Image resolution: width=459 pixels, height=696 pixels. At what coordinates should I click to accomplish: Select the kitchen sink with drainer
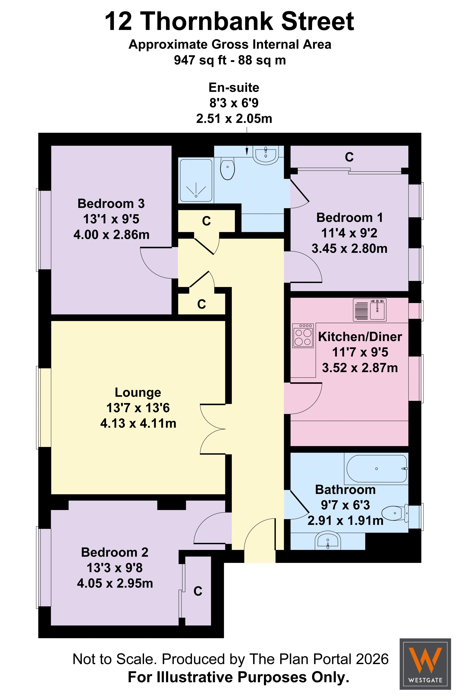(370, 310)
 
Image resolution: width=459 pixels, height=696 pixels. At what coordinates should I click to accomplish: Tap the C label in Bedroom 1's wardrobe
(349, 157)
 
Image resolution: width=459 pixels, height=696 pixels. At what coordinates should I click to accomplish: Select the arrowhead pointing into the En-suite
(247, 151)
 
